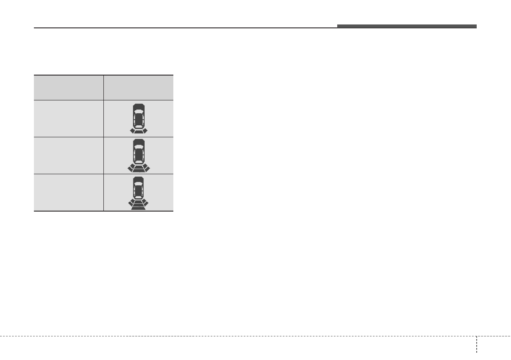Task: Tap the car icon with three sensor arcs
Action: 138,192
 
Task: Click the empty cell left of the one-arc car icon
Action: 69,118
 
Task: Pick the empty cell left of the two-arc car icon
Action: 69,155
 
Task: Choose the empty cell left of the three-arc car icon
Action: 69,192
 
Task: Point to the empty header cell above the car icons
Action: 138,88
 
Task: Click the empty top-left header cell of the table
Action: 69,88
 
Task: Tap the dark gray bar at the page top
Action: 406,26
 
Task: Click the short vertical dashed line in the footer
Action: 476,344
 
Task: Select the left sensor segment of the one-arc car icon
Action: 133,131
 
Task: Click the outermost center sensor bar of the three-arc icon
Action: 138,208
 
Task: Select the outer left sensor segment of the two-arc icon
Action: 130,169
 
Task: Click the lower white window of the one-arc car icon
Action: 138,126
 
